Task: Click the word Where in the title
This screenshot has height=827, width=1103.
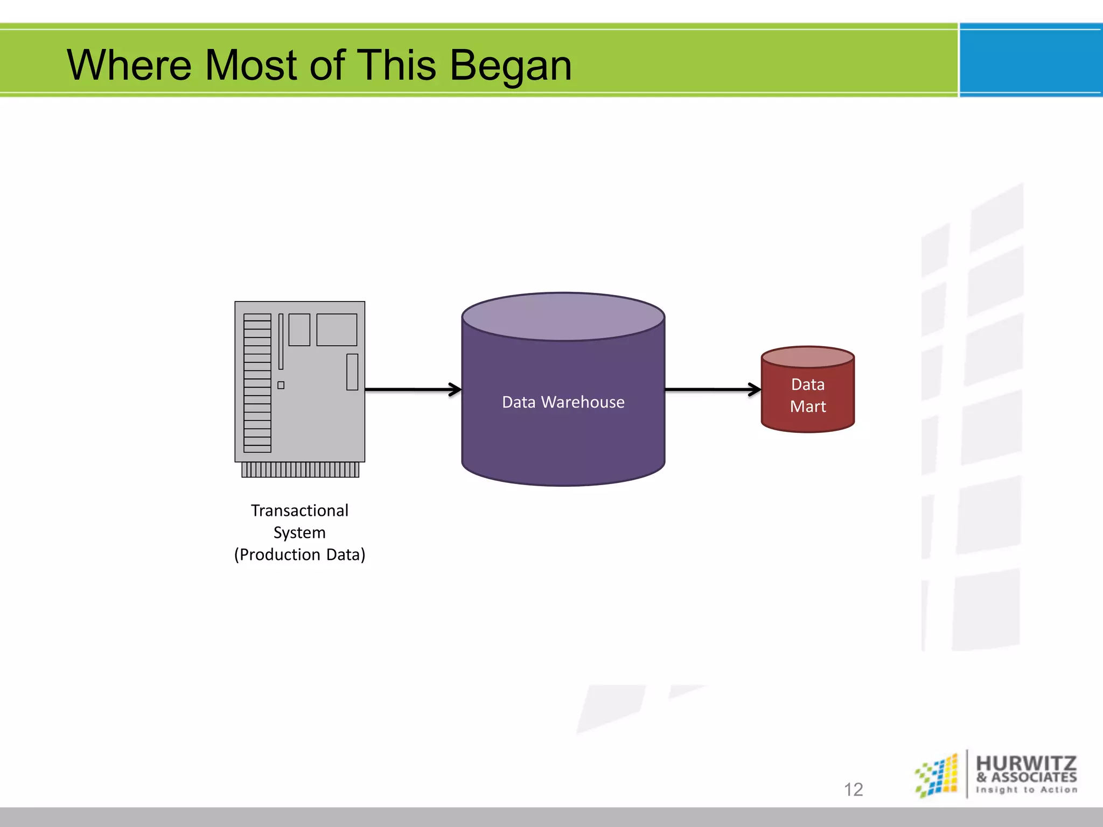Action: (x=129, y=65)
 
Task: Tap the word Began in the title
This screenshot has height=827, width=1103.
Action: (x=511, y=66)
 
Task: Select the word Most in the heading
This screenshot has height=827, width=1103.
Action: (x=250, y=65)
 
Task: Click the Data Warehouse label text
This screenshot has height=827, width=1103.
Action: (x=563, y=402)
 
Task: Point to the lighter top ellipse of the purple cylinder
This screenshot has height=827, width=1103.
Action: (x=563, y=317)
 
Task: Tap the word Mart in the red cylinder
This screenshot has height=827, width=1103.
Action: (x=807, y=407)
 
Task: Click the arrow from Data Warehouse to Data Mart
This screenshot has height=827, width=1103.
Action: (x=713, y=389)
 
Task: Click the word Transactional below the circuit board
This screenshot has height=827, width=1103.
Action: (x=299, y=510)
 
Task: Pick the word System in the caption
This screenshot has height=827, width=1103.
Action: (x=299, y=532)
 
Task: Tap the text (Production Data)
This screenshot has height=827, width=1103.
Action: (x=299, y=555)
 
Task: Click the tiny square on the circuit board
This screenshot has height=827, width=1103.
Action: (x=281, y=385)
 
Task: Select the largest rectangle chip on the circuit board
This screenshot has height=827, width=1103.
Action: (x=337, y=330)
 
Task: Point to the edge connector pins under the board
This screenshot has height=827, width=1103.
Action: (x=300, y=469)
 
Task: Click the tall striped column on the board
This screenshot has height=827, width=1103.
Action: (x=257, y=383)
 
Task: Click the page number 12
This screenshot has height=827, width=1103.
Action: (x=853, y=789)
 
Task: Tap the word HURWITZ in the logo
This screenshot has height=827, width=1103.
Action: (x=1026, y=763)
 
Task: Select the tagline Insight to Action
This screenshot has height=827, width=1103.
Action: (x=1027, y=790)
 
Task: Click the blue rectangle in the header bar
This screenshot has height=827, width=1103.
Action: (x=1031, y=60)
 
